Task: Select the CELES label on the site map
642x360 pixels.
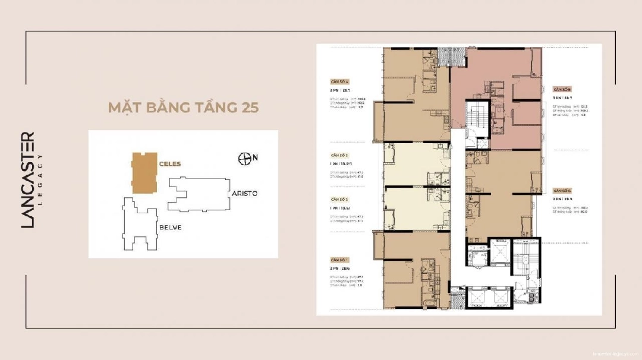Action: (169, 163)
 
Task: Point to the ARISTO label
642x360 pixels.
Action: (243, 194)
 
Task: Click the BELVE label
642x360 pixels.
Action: (169, 228)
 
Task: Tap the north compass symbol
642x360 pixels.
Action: (244, 159)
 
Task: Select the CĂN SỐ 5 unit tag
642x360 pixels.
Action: (562, 87)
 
